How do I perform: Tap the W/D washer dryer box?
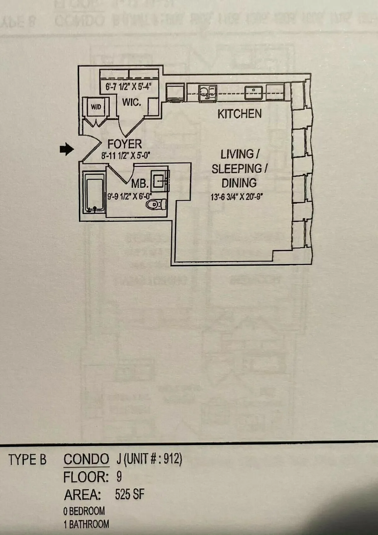click(96, 106)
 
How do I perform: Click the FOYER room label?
click(124, 144)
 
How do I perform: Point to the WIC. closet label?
click(131, 102)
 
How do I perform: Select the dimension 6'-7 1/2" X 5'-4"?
click(129, 86)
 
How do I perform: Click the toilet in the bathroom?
click(156, 204)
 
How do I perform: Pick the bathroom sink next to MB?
click(160, 181)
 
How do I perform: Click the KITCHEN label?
click(239, 113)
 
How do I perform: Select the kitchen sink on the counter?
click(254, 92)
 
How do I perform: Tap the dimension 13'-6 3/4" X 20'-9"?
click(237, 197)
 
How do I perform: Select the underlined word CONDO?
click(86, 459)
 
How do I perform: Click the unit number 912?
click(173, 459)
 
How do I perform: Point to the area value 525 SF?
click(129, 494)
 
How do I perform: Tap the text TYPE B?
click(27, 460)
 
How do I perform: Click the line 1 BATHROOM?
click(86, 524)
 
